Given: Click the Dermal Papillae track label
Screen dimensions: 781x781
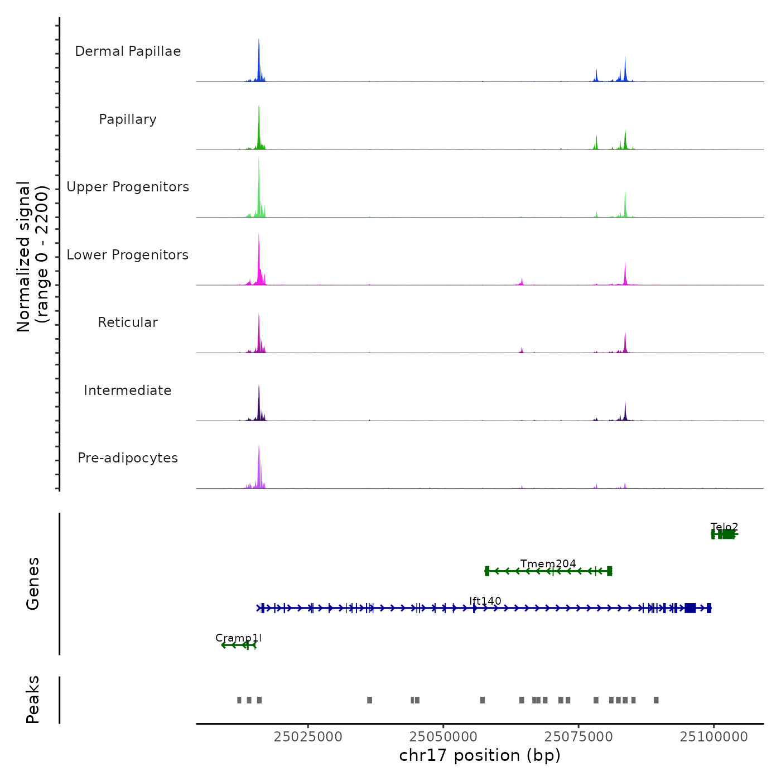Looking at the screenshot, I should (x=128, y=51).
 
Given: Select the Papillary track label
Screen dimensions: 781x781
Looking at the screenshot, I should (x=128, y=119).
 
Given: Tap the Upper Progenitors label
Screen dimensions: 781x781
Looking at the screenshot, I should (x=128, y=187).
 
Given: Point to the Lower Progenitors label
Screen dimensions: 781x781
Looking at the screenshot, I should (x=128, y=255).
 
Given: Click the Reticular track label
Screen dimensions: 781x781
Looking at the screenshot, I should (x=128, y=322).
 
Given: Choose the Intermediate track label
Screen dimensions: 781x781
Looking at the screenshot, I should (x=128, y=390).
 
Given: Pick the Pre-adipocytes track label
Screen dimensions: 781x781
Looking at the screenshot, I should (x=128, y=458).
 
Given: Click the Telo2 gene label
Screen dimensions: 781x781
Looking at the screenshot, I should (x=724, y=527).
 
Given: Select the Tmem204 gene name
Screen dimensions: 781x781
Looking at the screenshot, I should (x=548, y=563).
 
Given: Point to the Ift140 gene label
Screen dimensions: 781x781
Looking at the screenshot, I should (x=485, y=601).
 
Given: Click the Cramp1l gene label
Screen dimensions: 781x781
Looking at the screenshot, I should (x=238, y=638).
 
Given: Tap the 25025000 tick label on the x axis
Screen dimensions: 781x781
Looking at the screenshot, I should (x=308, y=736).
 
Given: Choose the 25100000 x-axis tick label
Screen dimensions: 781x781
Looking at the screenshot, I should (x=713, y=736).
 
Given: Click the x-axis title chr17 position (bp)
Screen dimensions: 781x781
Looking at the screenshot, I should (x=480, y=755).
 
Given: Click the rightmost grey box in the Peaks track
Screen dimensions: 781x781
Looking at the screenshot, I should (x=656, y=700).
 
